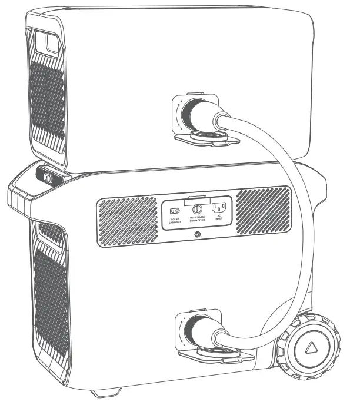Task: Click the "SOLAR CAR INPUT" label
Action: click(174, 220)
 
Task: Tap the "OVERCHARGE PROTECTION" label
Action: click(197, 220)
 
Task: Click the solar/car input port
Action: click(174, 210)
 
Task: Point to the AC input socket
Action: click(219, 208)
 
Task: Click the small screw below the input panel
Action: click(196, 235)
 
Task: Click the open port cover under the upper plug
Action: click(206, 138)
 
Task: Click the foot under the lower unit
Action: click(109, 391)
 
